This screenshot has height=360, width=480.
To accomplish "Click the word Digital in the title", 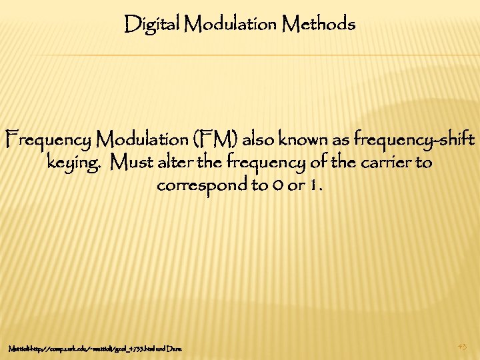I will [153, 25].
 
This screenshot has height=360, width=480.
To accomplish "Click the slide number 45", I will [463, 345].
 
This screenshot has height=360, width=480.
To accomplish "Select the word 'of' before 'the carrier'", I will [313, 162].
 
